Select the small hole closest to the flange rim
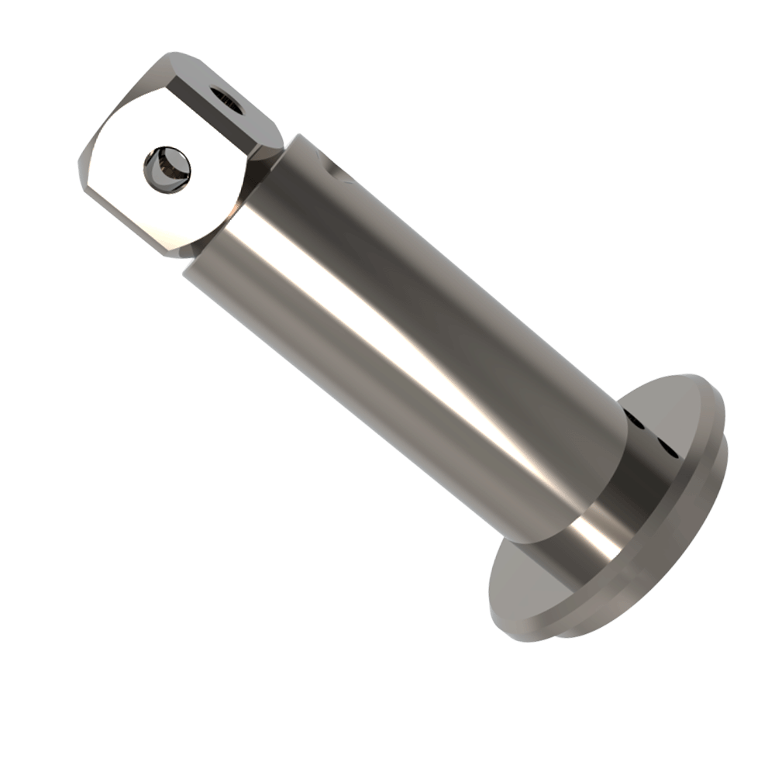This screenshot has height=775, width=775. click(666, 446)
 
